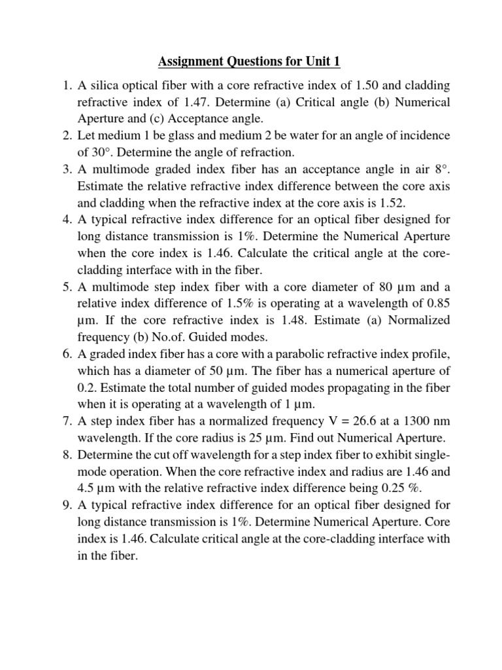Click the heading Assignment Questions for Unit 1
click(249, 63)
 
